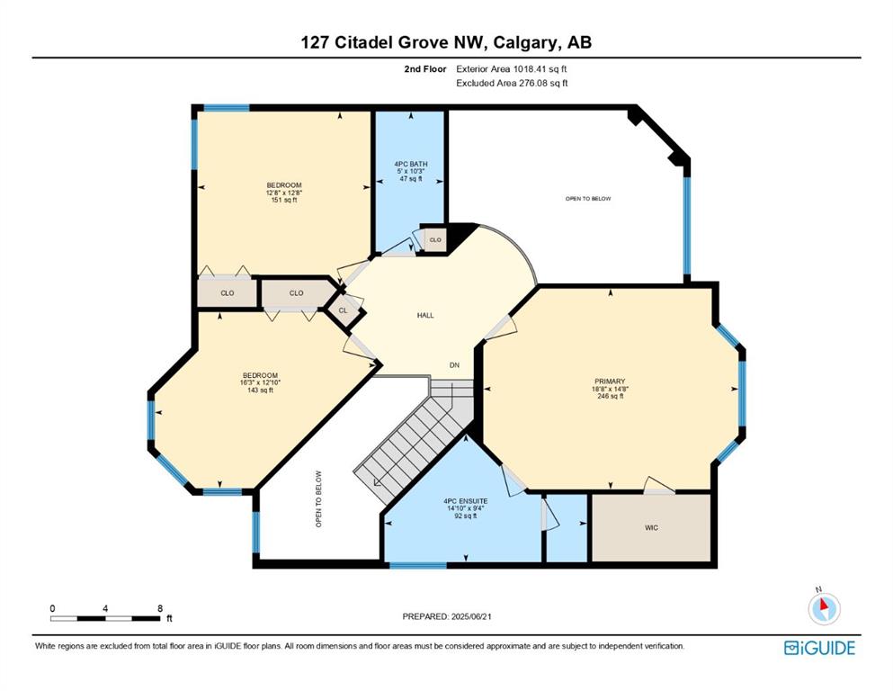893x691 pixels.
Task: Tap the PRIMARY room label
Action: click(610, 381)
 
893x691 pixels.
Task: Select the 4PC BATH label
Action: click(411, 164)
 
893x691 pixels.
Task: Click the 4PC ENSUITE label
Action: click(465, 501)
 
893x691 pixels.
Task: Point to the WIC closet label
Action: click(651, 527)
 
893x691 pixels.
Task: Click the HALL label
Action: click(425, 315)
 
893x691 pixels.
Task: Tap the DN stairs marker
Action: click(454, 365)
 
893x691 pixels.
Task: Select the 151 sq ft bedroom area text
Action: click(284, 200)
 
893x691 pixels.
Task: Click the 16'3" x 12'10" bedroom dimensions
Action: click(260, 382)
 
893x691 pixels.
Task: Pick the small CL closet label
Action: click(343, 310)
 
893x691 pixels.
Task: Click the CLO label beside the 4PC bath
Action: click(435, 240)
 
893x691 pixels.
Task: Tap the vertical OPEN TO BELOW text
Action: click(318, 499)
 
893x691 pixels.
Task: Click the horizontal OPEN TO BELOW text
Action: click(588, 198)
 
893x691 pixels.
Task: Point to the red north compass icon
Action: click(824, 608)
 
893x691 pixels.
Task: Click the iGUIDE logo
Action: click(819, 648)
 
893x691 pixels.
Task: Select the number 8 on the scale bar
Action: click(160, 608)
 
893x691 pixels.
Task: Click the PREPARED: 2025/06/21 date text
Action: click(446, 616)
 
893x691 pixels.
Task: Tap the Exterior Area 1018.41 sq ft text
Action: click(512, 69)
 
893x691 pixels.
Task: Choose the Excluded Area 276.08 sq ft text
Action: click(512, 83)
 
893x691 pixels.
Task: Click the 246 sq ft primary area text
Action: click(610, 396)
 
